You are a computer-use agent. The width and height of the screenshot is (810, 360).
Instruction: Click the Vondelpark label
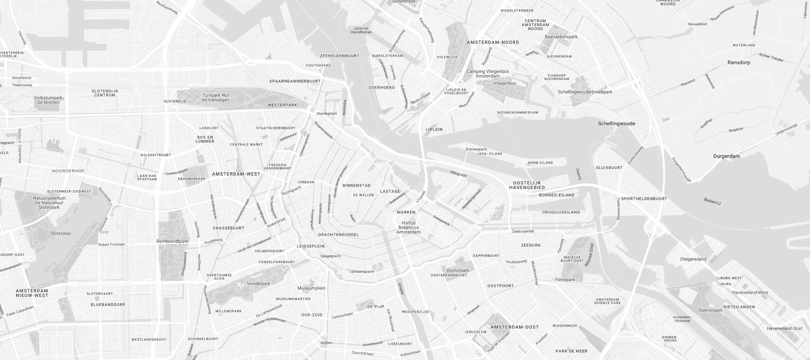pos(259,283)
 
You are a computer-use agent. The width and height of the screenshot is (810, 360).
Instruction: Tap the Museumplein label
pos(311,288)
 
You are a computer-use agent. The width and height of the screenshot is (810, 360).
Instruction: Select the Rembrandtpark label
pos(172,241)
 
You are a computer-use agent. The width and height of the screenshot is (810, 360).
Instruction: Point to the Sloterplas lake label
pos(61,233)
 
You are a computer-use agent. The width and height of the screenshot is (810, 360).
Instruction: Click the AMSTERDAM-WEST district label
pos(236,174)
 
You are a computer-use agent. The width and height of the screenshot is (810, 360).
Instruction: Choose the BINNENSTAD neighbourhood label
pos(357,185)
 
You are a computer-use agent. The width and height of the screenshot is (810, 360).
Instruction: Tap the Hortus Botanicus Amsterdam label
pos(409,227)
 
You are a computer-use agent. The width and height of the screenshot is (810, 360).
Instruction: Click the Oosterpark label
pos(458,270)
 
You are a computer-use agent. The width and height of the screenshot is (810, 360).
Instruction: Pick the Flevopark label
pos(565,279)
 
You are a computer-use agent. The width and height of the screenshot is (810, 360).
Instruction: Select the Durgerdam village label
pos(726,156)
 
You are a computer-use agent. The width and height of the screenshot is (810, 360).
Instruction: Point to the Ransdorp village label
pos(739,62)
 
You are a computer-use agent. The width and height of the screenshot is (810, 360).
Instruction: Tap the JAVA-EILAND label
pos(489,153)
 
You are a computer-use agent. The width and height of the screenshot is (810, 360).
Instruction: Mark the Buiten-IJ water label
pos(712,201)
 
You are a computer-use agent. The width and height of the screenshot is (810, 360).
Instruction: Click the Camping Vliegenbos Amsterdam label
pos(487,74)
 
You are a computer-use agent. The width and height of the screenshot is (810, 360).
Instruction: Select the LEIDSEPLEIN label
pos(310,246)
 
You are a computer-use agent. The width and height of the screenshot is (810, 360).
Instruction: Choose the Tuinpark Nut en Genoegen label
pos(215,97)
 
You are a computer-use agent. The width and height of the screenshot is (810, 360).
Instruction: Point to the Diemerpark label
pos(710,310)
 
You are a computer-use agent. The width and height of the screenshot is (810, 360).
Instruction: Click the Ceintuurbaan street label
pos(342,315)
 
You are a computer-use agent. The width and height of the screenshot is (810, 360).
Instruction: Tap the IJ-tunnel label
pos(421,196)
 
